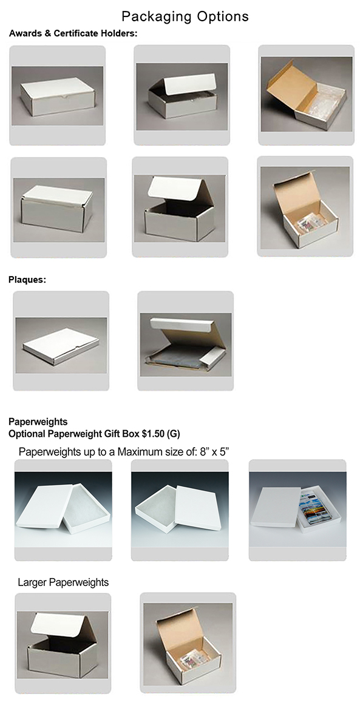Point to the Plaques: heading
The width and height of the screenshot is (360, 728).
tap(27, 280)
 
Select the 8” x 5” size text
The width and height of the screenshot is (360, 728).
tap(215, 452)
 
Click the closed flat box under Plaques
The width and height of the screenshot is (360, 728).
tap(61, 346)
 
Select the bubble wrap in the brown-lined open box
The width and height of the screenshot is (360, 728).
tap(326, 101)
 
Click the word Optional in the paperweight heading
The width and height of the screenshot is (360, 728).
tap(27, 434)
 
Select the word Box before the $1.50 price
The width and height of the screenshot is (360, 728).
tap(131, 434)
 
